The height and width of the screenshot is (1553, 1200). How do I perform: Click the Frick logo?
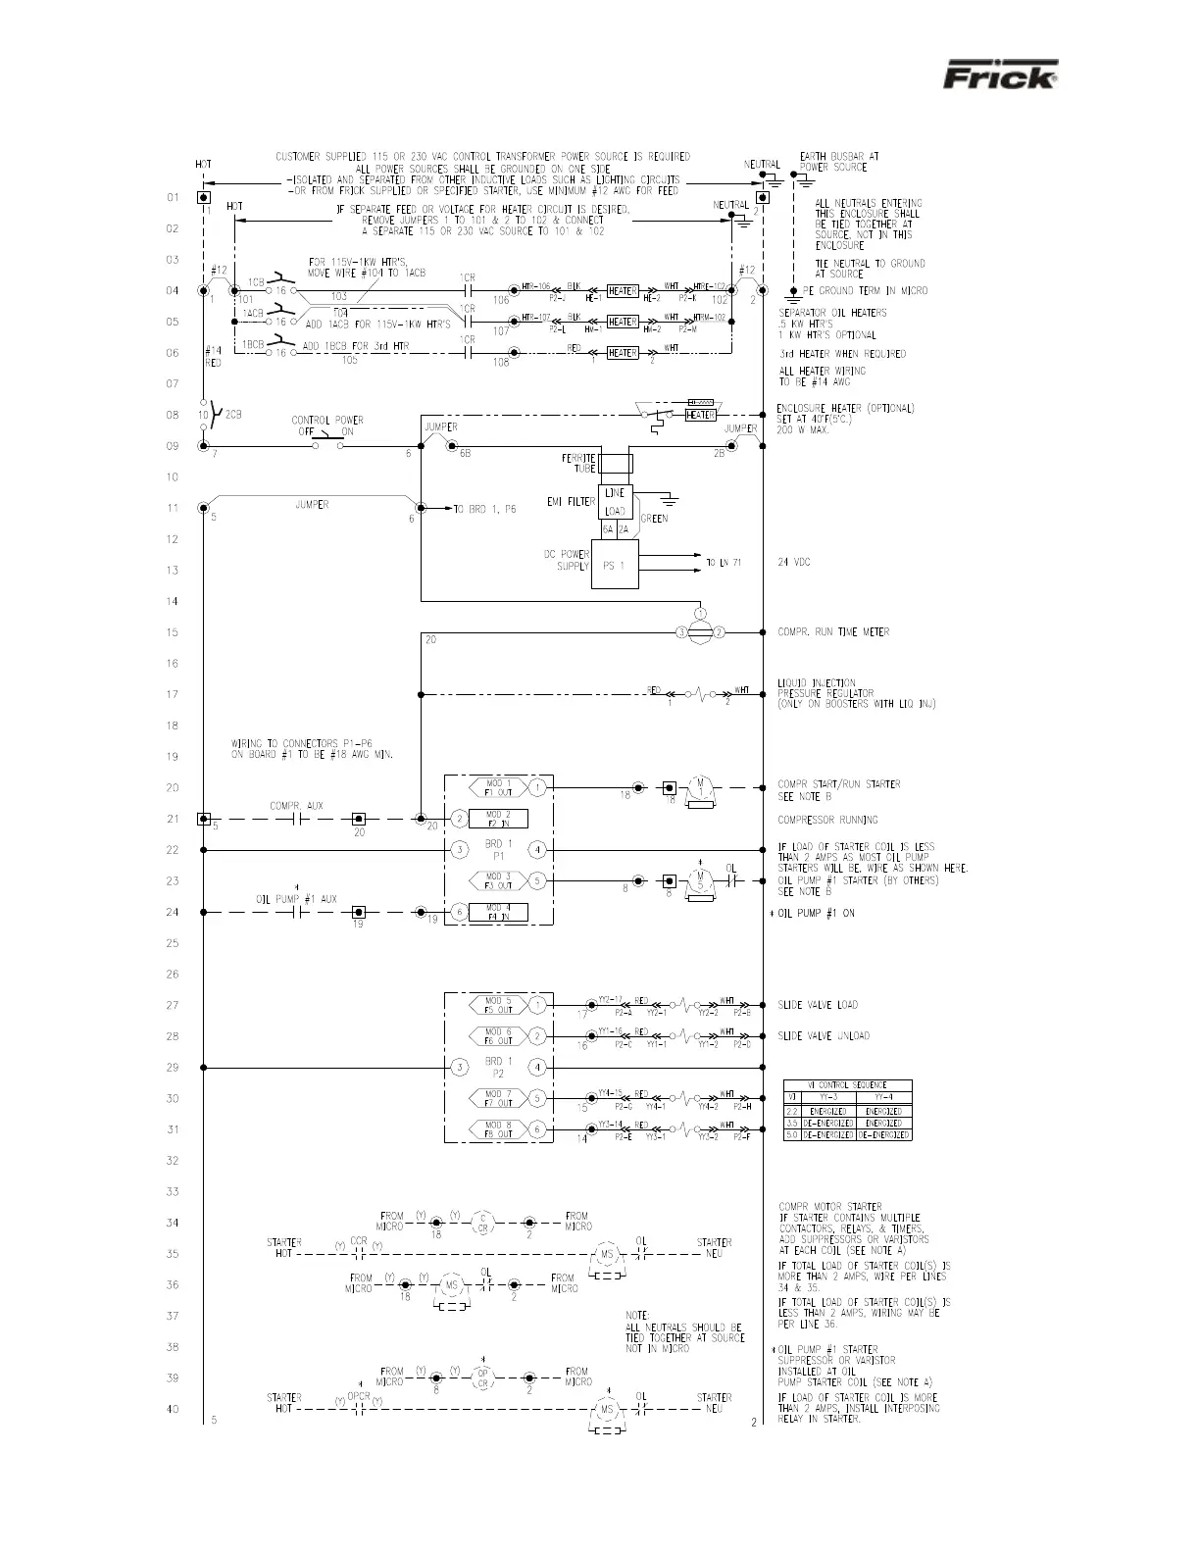point(1000,76)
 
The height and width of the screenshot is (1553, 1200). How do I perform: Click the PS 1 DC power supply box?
point(615,564)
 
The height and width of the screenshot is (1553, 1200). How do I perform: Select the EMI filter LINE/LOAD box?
point(615,502)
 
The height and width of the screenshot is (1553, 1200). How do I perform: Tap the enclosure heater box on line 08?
point(699,415)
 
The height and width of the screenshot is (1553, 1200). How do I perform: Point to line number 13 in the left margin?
point(173,571)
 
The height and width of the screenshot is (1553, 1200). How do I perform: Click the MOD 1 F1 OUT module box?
point(498,787)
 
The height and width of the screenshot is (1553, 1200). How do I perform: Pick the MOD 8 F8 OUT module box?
point(498,1129)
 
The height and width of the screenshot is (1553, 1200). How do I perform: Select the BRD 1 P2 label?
point(498,1067)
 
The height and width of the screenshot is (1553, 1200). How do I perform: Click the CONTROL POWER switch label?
point(326,426)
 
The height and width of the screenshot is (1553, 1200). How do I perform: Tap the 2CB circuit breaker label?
point(233,414)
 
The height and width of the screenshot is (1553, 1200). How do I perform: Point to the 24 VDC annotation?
point(794,563)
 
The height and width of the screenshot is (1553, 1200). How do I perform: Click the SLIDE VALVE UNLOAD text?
point(824,1036)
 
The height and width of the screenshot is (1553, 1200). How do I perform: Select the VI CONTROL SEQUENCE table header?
point(847,1084)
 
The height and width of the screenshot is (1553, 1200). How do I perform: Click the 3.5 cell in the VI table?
point(792,1123)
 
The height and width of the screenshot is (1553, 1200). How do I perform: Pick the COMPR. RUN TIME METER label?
point(833,632)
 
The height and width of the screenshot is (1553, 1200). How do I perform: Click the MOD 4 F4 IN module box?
point(498,912)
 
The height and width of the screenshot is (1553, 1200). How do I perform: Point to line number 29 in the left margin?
point(173,1068)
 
